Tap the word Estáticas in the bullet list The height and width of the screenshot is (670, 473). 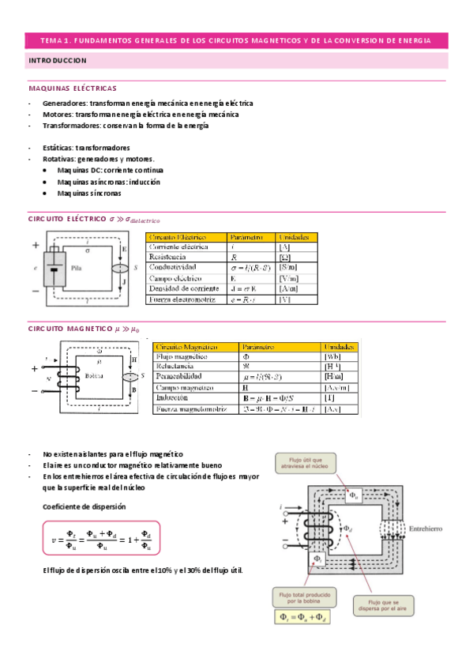point(59,148)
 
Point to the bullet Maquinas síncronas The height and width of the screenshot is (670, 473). point(89,192)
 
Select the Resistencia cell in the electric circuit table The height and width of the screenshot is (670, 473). point(167,258)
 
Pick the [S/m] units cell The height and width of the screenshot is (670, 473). point(288,268)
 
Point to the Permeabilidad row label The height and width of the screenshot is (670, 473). point(179,378)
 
